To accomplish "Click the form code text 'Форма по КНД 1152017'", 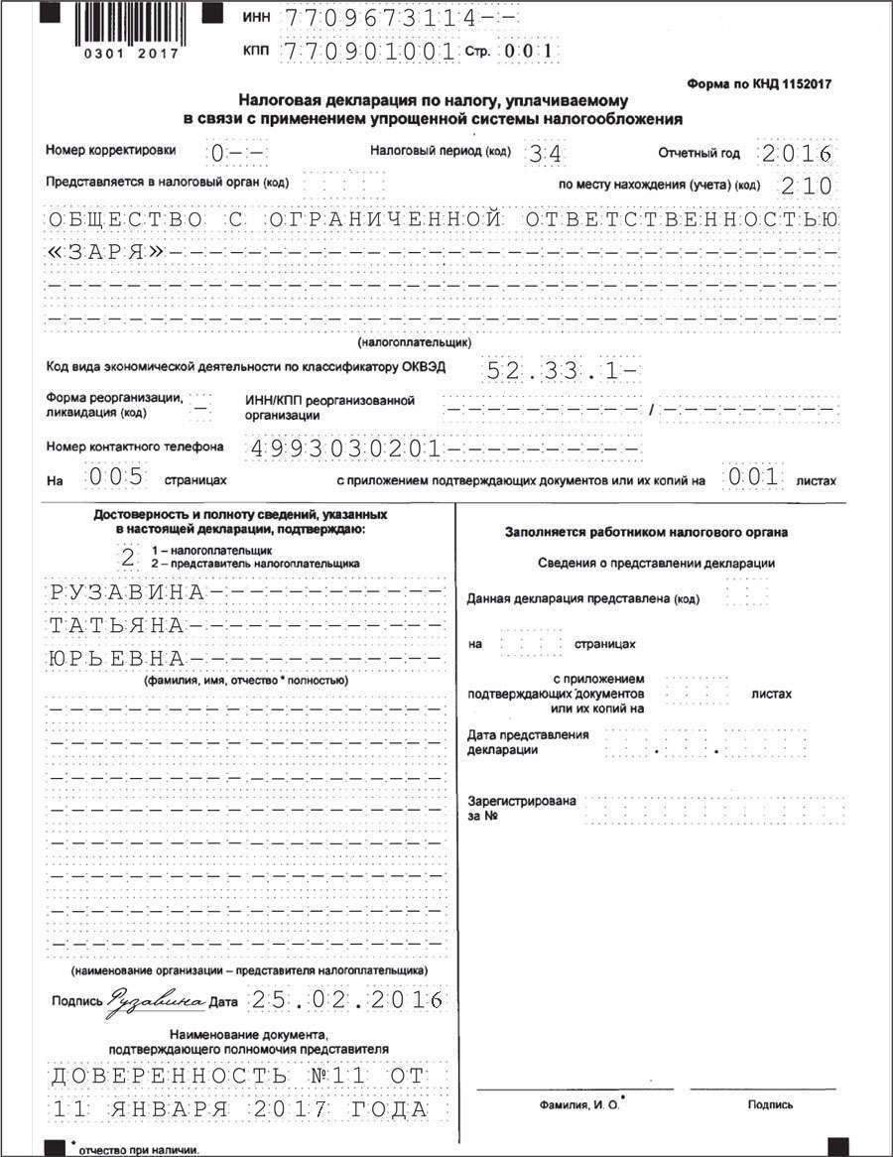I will [x=759, y=84].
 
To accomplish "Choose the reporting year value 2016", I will [x=797, y=154].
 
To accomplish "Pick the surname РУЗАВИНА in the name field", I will [x=127, y=593].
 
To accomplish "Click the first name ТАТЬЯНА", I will [x=117, y=626].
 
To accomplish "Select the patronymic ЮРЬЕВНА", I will [x=117, y=659].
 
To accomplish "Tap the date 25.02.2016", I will [x=345, y=1000].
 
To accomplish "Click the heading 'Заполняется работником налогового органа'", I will [x=646, y=533].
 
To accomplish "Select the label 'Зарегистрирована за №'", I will [x=521, y=808].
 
